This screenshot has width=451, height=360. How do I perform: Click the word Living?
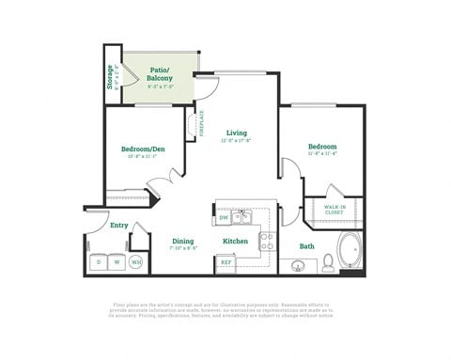click(x=236, y=133)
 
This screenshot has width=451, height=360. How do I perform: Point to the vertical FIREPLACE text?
click(x=201, y=124)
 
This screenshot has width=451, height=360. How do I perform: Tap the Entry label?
click(x=118, y=225)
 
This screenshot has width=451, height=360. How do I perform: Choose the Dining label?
click(x=182, y=242)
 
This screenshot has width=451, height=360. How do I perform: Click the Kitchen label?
click(x=235, y=242)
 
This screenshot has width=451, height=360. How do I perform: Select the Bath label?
click(x=307, y=246)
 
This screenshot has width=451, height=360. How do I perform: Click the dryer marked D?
click(x=98, y=261)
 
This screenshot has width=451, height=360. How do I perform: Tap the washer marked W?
click(x=117, y=261)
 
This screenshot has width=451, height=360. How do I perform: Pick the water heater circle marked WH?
click(x=136, y=262)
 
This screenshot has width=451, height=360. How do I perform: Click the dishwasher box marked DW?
click(x=224, y=218)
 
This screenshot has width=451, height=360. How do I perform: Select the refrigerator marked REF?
click(x=225, y=262)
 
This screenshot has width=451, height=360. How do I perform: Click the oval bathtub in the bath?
click(x=350, y=251)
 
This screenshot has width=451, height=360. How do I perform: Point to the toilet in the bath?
click(x=328, y=262)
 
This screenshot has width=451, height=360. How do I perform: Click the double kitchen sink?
click(x=242, y=217)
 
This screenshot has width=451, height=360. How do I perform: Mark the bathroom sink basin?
click(x=299, y=266)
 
